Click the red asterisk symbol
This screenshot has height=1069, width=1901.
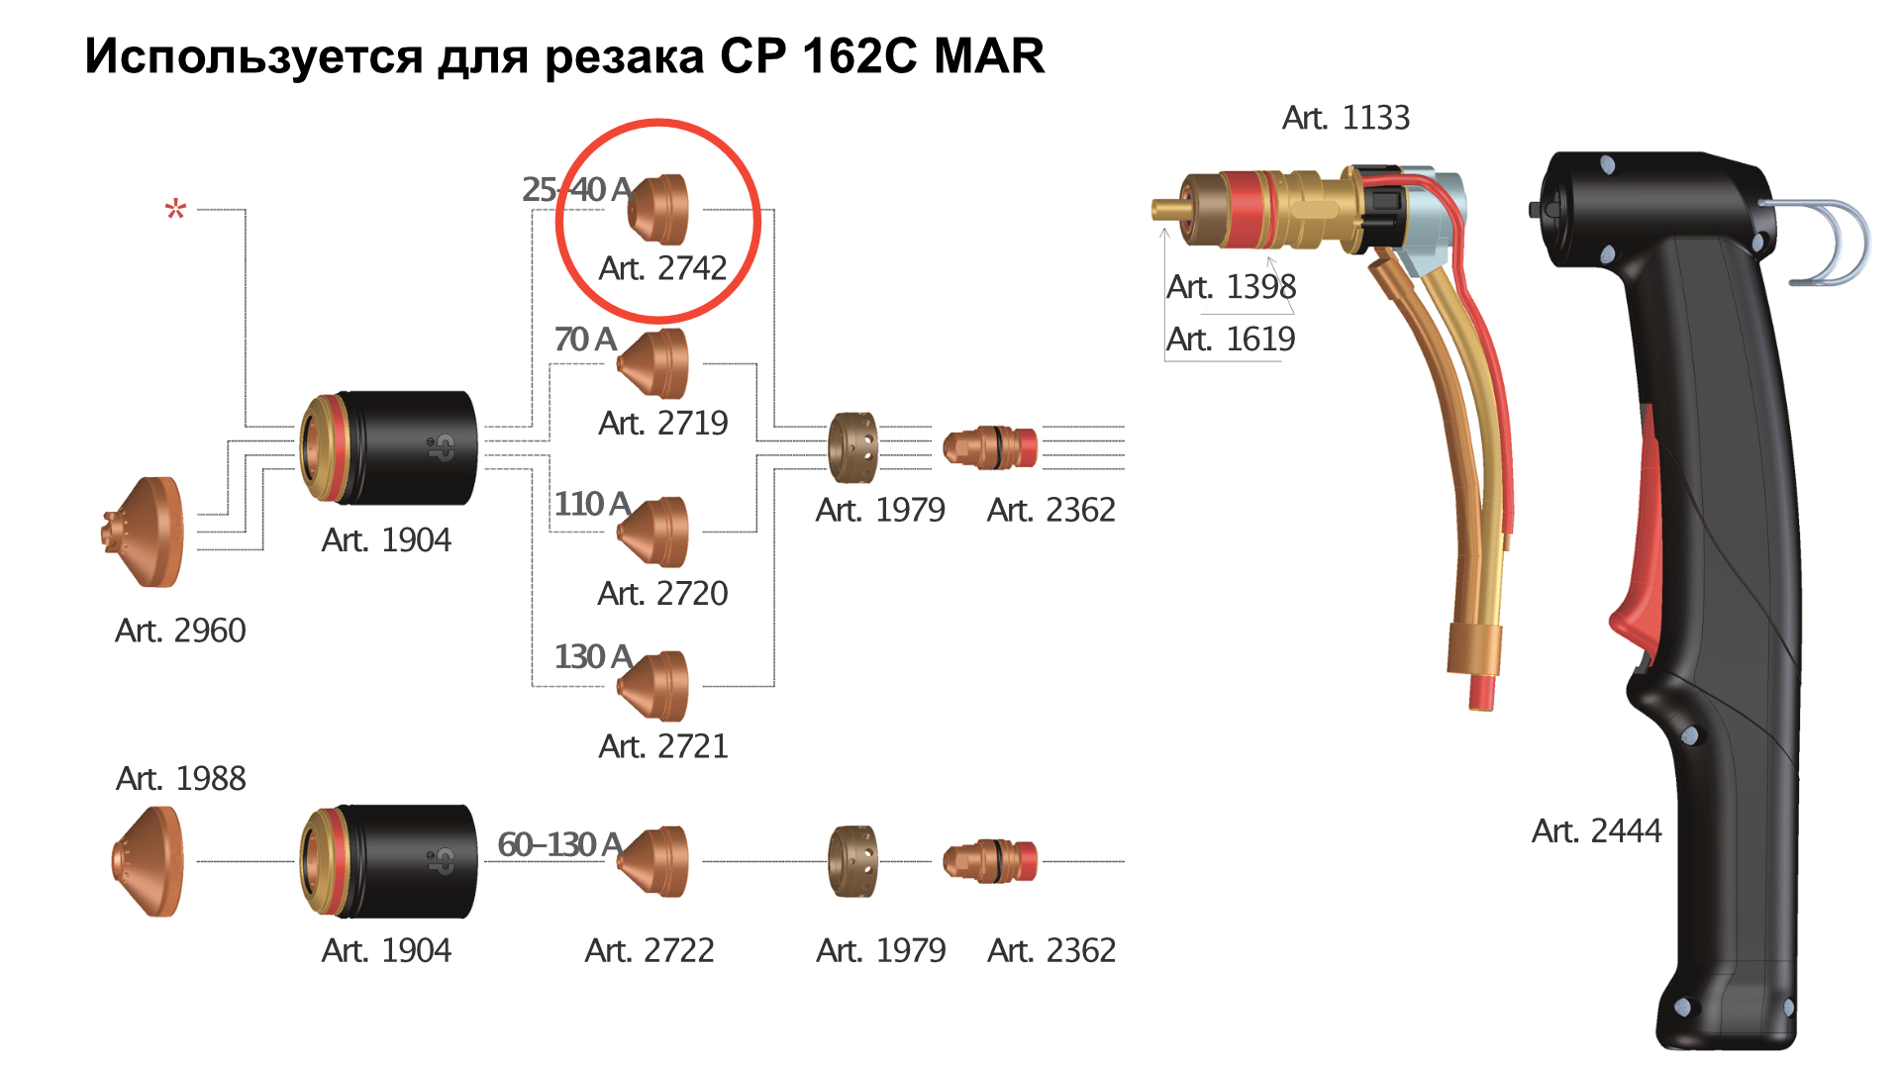[175, 209]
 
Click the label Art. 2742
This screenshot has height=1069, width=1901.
[662, 268]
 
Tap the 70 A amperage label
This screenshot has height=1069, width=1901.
[585, 340]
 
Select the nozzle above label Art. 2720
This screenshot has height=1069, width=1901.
[652, 533]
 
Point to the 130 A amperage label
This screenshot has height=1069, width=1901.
[593, 656]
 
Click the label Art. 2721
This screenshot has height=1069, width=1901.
[663, 746]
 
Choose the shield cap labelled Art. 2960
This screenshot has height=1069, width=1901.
[143, 533]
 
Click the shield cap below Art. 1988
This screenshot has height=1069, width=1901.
[148, 861]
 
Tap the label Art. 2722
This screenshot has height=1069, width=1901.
[650, 950]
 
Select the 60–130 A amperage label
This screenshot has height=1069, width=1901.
[559, 844]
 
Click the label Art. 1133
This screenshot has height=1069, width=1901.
[1346, 118]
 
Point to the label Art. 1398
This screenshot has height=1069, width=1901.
[1231, 287]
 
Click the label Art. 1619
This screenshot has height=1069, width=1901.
[1231, 340]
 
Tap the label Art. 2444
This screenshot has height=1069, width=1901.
[1596, 831]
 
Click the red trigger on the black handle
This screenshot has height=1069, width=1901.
[1640, 554]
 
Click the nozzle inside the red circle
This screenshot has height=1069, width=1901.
[658, 210]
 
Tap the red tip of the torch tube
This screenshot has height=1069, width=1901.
[1481, 691]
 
